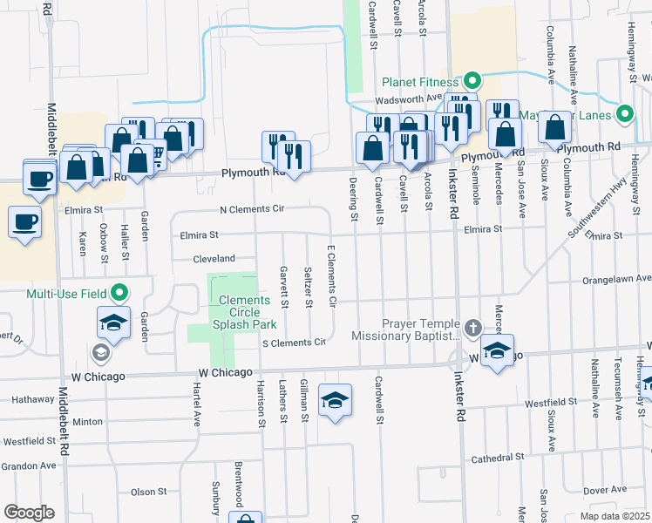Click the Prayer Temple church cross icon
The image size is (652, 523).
coord(472,329)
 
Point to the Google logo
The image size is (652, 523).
coord(29,513)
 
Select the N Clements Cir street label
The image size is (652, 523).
coord(252,210)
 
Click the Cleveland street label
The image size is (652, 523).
coord(214,259)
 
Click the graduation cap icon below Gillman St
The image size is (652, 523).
coord(336,400)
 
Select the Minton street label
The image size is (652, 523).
coord(87,421)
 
